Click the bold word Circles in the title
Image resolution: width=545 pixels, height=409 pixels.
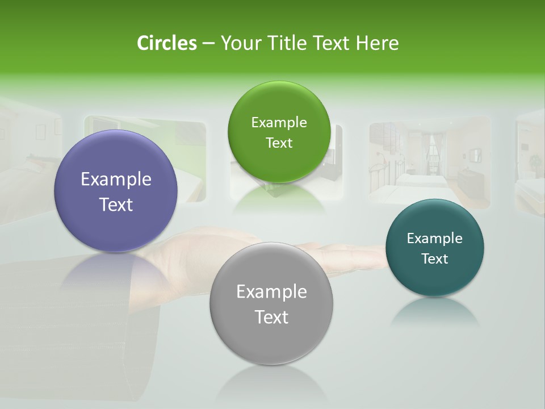coord(166,43)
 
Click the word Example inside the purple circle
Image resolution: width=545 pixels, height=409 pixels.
coord(116,180)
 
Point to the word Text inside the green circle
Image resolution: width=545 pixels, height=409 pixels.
coord(279,143)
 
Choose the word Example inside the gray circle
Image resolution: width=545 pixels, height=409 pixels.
coord(271,292)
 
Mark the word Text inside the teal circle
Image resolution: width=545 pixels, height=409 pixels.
coord(435,259)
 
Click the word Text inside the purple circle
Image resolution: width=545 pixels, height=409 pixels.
coord(116,205)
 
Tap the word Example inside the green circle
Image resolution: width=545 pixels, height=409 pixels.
coord(279,123)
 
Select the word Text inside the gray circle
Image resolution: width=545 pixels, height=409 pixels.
coord(271,318)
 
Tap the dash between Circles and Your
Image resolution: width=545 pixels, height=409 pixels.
coord(208,43)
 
